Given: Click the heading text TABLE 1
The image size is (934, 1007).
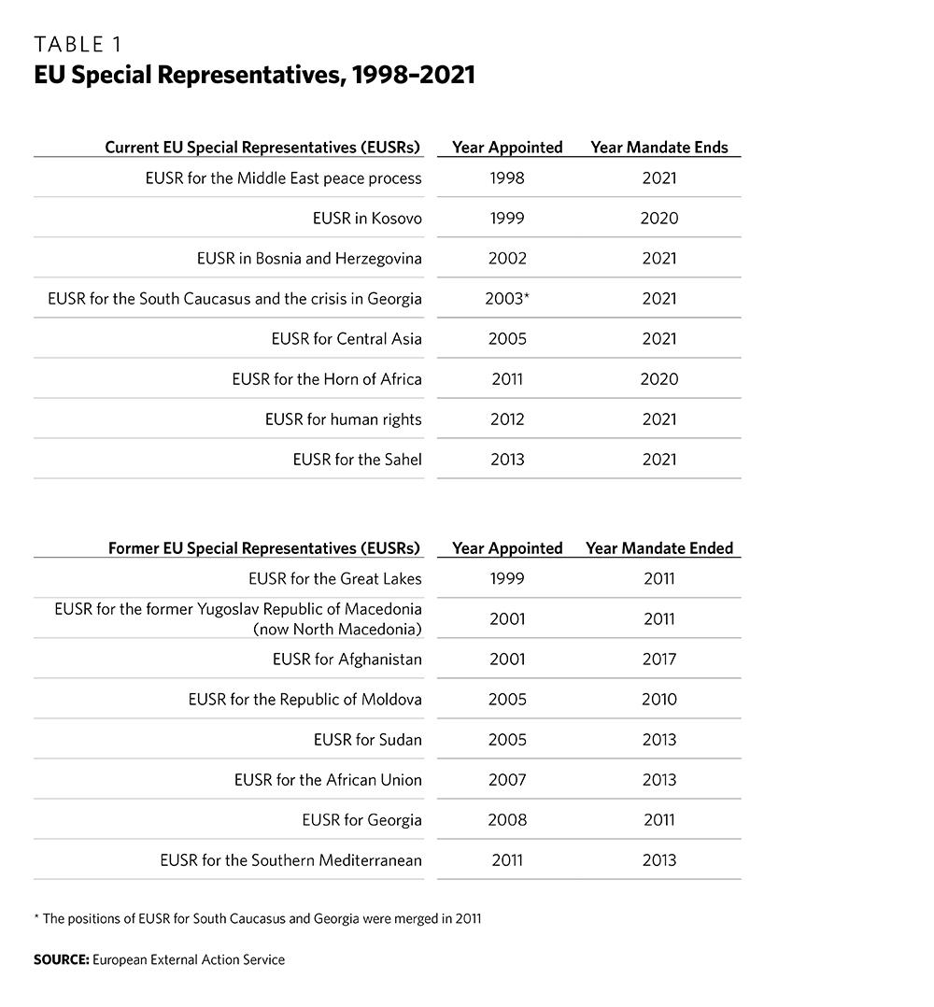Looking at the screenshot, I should pyautogui.click(x=78, y=45).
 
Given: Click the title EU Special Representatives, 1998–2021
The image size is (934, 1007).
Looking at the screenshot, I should pyautogui.click(x=254, y=76).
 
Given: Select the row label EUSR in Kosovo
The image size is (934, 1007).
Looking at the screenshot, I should pyautogui.click(x=367, y=219).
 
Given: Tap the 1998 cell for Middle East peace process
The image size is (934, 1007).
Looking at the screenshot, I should pyautogui.click(x=507, y=178).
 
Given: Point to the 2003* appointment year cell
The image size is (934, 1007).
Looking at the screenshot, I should pyautogui.click(x=507, y=299).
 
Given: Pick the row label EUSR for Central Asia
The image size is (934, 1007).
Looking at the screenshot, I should pyautogui.click(x=347, y=339).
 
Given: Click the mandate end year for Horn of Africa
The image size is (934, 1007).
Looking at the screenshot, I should pyautogui.click(x=658, y=379).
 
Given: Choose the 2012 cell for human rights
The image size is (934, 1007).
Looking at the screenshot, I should pyautogui.click(x=507, y=419).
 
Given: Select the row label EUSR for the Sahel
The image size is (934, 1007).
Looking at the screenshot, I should pyautogui.click(x=357, y=460).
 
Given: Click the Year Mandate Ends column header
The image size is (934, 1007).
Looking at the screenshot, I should pyautogui.click(x=658, y=148).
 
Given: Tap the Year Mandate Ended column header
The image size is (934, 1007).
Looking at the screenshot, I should pyautogui.click(x=659, y=548).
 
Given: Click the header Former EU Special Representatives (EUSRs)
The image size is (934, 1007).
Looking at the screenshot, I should pyautogui.click(x=264, y=548).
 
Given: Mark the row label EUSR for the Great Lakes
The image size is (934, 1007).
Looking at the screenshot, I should pyautogui.click(x=335, y=579).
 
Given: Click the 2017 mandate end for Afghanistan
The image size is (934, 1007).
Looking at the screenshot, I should pyautogui.click(x=658, y=660).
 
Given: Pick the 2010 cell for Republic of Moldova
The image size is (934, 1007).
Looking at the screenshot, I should pyautogui.click(x=658, y=700).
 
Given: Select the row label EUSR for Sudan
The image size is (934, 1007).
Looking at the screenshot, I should pyautogui.click(x=367, y=740).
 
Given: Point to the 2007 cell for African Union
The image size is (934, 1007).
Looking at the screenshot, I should pyautogui.click(x=507, y=780).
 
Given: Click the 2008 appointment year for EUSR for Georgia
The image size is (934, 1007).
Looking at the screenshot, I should pyautogui.click(x=507, y=820).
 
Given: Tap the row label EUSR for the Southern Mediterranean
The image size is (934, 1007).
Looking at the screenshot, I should pyautogui.click(x=290, y=860).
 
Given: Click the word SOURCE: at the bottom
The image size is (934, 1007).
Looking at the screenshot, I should pyautogui.click(x=61, y=959).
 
